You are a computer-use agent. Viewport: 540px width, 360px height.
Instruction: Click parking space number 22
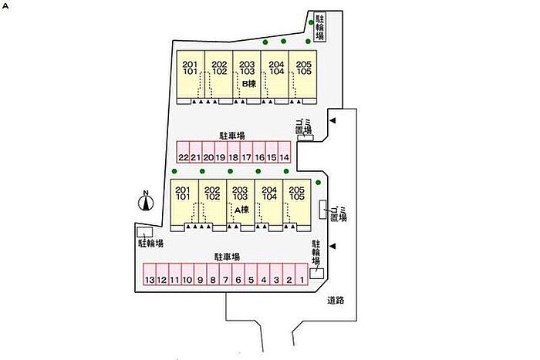(183, 157)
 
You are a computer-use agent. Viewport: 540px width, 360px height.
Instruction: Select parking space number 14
(284, 157)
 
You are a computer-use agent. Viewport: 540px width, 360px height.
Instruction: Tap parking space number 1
(302, 279)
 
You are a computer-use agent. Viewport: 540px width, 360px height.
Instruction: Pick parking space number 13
(150, 279)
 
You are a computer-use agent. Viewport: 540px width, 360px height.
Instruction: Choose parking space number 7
(226, 279)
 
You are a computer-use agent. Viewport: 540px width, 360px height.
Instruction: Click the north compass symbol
(145, 202)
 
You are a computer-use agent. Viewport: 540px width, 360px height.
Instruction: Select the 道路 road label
(336, 300)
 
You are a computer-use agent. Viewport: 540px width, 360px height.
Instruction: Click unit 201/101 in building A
(183, 193)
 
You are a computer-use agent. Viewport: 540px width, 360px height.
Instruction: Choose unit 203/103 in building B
(247, 68)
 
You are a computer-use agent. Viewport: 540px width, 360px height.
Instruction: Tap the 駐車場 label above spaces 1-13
(227, 257)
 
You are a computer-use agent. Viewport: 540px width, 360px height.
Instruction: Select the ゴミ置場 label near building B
(303, 127)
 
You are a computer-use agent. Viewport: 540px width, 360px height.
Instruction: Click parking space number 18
(233, 157)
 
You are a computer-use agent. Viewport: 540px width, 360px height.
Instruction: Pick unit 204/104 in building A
(269, 193)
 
